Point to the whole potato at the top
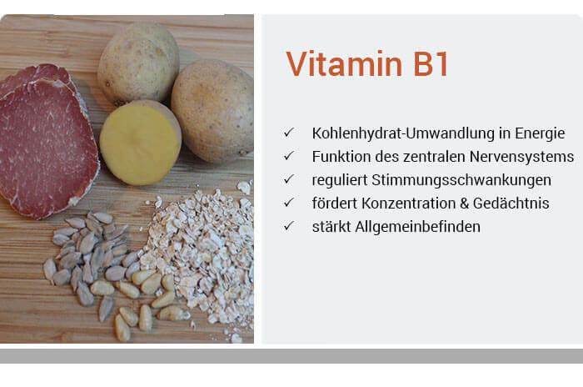click(137, 63)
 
